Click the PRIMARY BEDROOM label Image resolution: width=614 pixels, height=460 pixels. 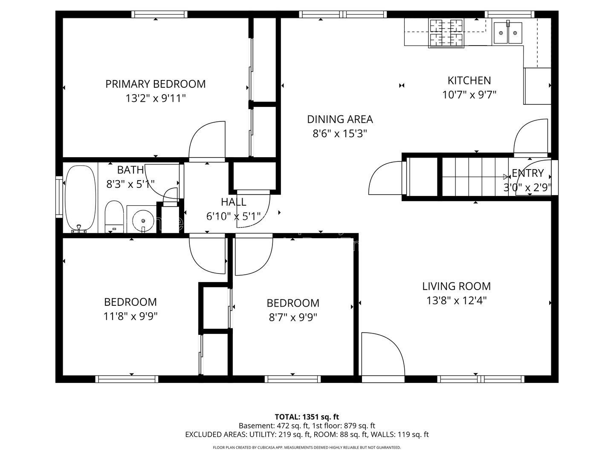coord(155,84)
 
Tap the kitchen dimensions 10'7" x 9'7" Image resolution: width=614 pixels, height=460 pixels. coord(469,95)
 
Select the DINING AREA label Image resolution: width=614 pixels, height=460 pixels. coord(340,119)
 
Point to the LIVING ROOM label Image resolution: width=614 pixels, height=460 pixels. coord(456,286)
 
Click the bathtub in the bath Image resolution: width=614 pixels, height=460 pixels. coord(80,198)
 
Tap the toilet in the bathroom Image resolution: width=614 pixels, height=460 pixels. coord(114,216)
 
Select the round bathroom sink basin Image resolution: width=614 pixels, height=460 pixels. coord(143,220)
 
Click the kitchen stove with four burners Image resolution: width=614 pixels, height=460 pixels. coord(446,33)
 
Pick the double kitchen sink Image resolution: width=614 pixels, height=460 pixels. coord(508,33)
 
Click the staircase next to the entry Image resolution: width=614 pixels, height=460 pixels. coord(475,177)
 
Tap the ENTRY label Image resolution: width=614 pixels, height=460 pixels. coord(527,173)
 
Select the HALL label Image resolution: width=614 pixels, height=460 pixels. coord(234,202)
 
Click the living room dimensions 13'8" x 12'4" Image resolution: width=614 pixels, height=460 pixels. coord(456,301)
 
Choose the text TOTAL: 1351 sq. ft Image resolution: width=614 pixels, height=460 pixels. coord(307,417)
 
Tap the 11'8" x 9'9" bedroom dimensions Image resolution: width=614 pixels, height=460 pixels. coord(130,316)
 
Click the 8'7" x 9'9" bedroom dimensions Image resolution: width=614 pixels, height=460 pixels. coord(293,318)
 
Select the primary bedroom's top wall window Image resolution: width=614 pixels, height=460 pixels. coord(159,14)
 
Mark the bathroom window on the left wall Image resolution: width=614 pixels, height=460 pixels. coord(59,197)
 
